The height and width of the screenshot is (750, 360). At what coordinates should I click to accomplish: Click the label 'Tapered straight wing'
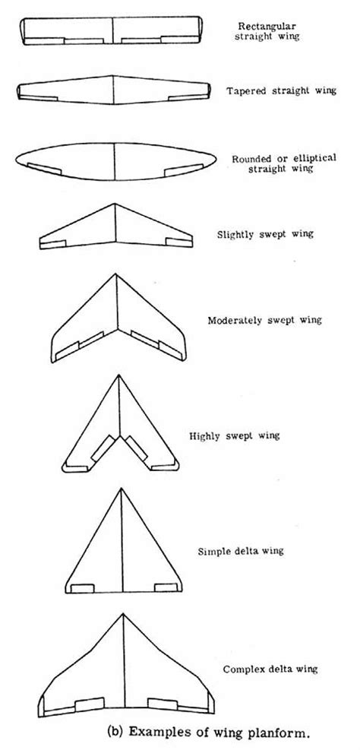pyautogui.click(x=281, y=91)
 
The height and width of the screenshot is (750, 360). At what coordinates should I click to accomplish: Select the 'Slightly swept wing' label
pyautogui.click(x=265, y=234)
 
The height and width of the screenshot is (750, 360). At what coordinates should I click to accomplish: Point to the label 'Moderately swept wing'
pyautogui.click(x=264, y=321)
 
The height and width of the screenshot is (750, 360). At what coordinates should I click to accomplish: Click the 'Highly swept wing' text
pyautogui.click(x=235, y=435)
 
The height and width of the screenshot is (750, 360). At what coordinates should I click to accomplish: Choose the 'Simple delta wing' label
pyautogui.click(x=241, y=551)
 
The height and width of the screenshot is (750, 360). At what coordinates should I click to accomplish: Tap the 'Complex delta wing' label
pyautogui.click(x=270, y=669)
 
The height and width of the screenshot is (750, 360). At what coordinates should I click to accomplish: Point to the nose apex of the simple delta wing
pyautogui.click(x=122, y=489)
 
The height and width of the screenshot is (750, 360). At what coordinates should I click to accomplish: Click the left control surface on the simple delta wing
pyautogui.click(x=82, y=588)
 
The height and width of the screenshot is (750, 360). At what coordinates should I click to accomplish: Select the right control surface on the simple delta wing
pyautogui.click(x=166, y=588)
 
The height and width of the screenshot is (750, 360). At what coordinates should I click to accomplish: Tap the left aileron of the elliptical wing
pyautogui.click(x=44, y=169)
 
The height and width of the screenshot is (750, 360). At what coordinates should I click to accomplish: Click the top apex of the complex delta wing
pyautogui.click(x=123, y=614)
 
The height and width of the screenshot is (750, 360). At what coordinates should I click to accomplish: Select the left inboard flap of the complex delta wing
pyautogui.click(x=90, y=704)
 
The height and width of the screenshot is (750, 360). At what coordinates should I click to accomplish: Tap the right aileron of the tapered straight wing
pyautogui.click(x=188, y=97)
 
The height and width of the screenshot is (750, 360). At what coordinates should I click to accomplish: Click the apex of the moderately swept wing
pyautogui.click(x=115, y=274)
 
